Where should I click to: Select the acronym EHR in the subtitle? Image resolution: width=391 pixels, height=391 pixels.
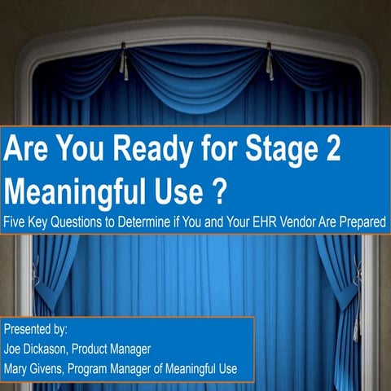[283, 221]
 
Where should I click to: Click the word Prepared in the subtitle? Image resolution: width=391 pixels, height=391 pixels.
[363, 221]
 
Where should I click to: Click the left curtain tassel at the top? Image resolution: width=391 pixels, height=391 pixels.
[123, 60]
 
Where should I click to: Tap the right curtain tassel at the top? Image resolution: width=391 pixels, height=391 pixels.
[268, 61]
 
